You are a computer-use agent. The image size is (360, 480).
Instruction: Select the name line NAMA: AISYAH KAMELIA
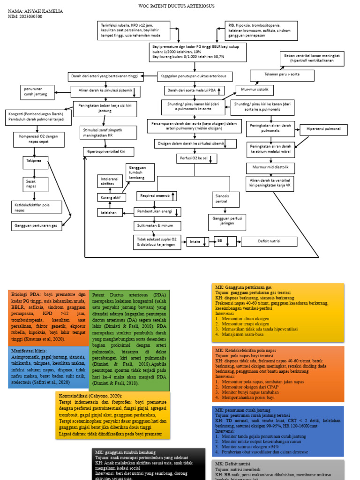pos(35,11)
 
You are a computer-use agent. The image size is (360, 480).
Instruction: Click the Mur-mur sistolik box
pos(255,89)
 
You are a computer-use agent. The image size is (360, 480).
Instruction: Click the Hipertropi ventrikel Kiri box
pos(108,152)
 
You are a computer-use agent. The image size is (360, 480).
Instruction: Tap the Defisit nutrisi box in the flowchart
pos(269,241)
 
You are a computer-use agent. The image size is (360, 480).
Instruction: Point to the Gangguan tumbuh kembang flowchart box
pos(139,172)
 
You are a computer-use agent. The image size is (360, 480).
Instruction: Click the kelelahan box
pos(109,212)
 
